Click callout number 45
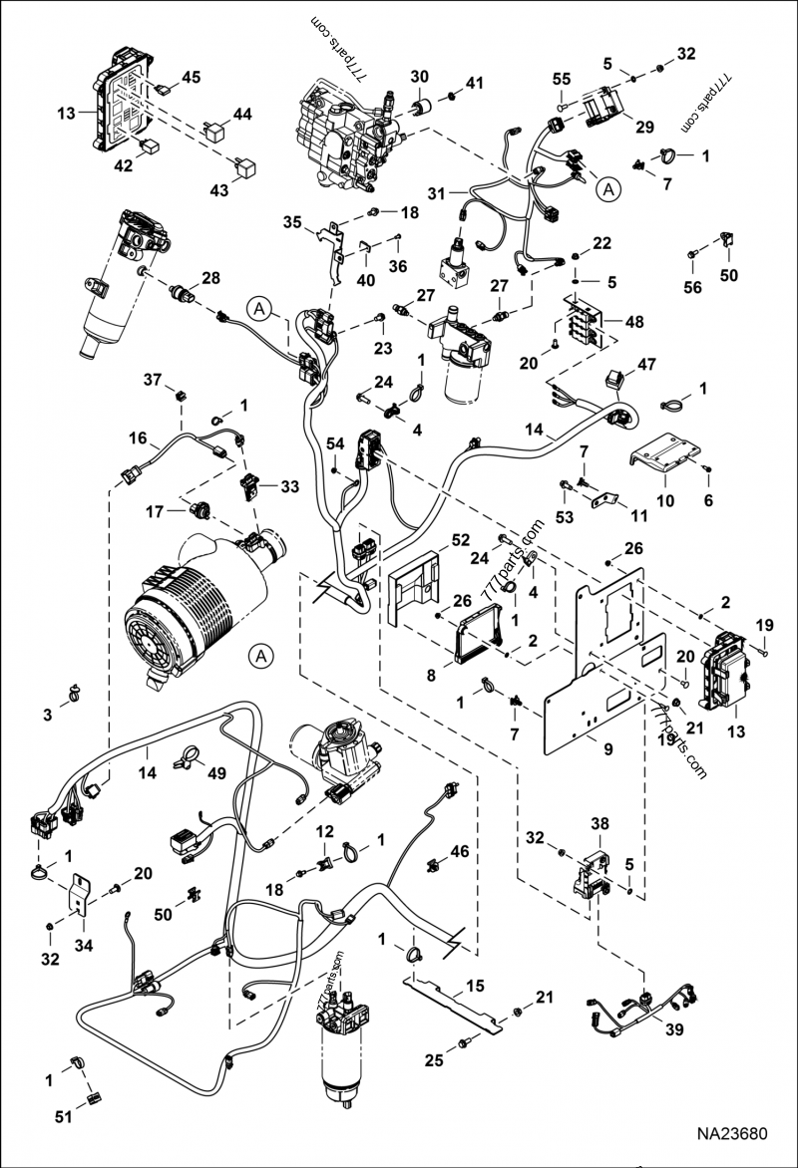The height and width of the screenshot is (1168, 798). [x=191, y=77]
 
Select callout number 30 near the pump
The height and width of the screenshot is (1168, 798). [x=420, y=76]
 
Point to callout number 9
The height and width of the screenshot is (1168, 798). [x=607, y=749]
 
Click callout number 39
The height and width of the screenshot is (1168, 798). [x=673, y=1029]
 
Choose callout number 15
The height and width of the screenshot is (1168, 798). [x=475, y=986]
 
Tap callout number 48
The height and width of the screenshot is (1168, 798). [x=634, y=322]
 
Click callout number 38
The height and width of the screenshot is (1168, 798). [x=600, y=824]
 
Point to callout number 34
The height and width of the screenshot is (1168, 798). [x=84, y=946]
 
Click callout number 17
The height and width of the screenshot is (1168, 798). [x=155, y=511]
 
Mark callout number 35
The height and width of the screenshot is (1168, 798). [x=292, y=222]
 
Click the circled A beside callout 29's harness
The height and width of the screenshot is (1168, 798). [x=609, y=190]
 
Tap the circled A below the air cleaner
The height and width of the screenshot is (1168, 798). [x=261, y=656]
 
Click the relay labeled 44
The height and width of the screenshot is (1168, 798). [x=211, y=133]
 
